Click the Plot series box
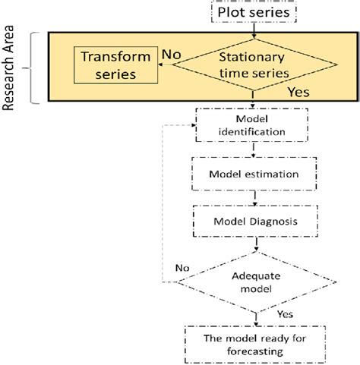(252, 12)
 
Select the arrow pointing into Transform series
(161, 66)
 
